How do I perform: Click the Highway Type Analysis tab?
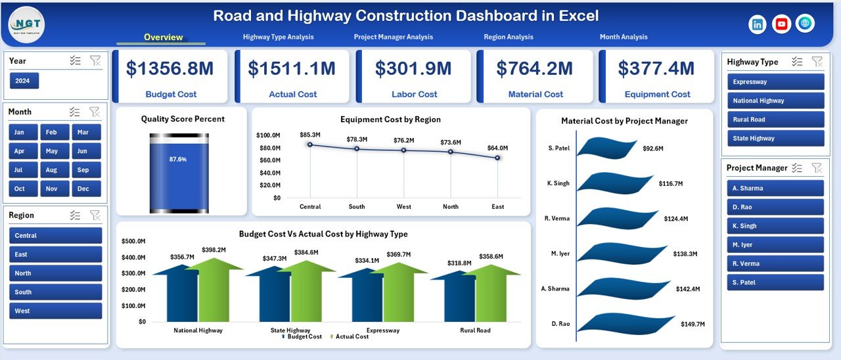click(278, 37)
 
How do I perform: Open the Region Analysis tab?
click(508, 37)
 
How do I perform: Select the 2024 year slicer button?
click(24, 81)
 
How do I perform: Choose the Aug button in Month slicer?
click(52, 169)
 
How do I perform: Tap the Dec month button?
click(83, 189)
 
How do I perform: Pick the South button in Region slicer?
click(56, 292)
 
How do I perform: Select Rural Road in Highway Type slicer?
click(775, 120)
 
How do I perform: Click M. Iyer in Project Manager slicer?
click(775, 245)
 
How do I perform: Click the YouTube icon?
click(781, 24)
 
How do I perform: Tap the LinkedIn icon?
click(758, 24)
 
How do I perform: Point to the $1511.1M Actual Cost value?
click(293, 68)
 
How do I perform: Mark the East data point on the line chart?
click(497, 158)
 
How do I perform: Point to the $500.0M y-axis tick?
click(133, 241)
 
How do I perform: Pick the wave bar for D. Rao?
click(624, 323)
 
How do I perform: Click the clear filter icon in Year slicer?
click(95, 61)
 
